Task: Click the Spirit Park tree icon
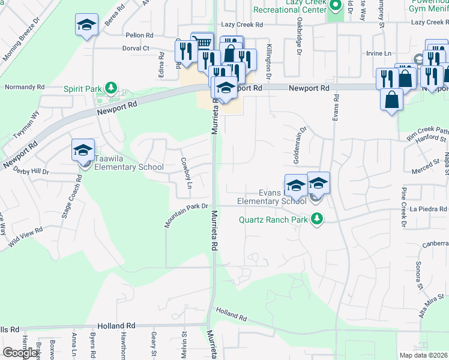pos(110,88)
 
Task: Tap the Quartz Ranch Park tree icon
pos(316,220)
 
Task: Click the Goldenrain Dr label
pos(300,138)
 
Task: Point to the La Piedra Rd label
pos(429,209)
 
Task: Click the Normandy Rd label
pos(25,87)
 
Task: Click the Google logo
pos(20,353)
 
